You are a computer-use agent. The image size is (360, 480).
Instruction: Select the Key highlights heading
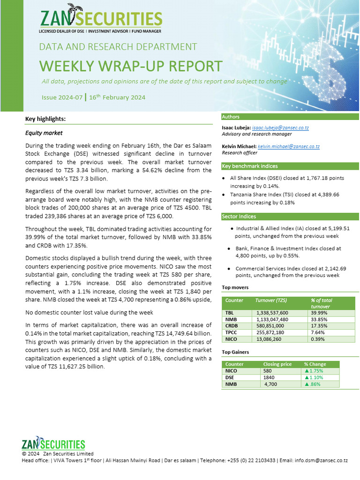coord(45,119)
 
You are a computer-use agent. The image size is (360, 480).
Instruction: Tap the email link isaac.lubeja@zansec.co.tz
coord(280,128)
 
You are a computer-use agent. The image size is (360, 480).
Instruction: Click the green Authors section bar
coord(290,117)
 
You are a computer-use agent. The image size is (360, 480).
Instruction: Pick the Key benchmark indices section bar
coord(290,166)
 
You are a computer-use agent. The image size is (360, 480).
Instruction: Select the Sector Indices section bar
coord(290,216)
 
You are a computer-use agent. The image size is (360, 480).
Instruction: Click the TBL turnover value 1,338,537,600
coord(272,313)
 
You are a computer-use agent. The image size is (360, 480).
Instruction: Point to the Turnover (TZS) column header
coord(271,300)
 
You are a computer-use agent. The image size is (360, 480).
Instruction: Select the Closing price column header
coord(277,364)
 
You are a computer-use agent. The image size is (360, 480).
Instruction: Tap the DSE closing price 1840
coord(269,377)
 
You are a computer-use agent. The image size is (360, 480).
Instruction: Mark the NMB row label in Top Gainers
coord(231,384)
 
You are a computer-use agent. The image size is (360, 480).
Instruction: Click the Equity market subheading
coord(44,133)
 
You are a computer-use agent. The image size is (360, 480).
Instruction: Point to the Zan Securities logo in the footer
coord(53,444)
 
